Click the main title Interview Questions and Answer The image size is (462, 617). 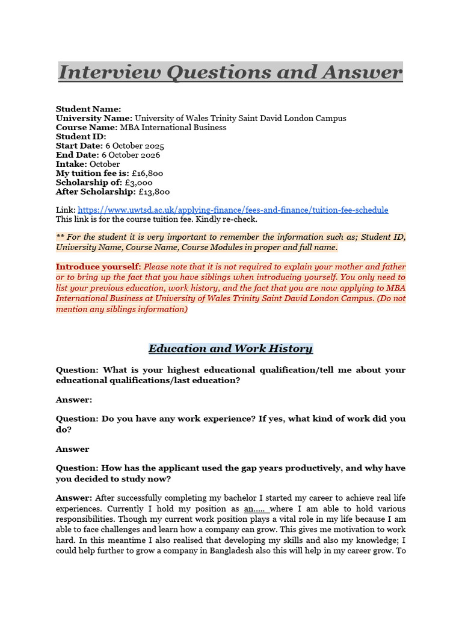tap(230, 72)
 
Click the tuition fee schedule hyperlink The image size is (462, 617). tap(233, 210)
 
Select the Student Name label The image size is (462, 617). tap(88, 109)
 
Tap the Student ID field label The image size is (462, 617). tap(81, 137)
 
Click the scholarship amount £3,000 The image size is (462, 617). tap(138, 183)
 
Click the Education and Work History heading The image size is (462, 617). tap(230, 349)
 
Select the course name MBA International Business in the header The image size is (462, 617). tap(173, 128)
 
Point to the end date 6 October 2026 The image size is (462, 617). tap(131, 155)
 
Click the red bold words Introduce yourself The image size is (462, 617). tap(97, 266)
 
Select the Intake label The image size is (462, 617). tap(72, 164)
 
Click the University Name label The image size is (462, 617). tap(94, 118)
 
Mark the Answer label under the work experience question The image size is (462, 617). tap(72, 449)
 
